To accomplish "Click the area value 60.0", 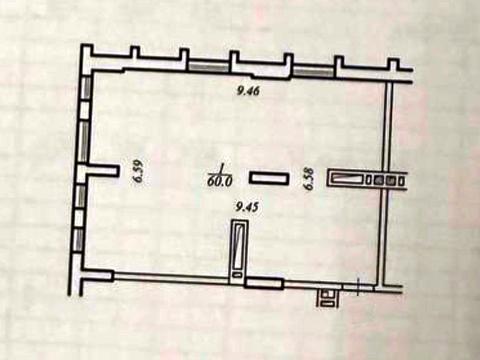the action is pyautogui.click(x=220, y=183).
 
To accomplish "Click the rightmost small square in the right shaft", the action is pyautogui.click(x=399, y=181).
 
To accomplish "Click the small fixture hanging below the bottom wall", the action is pyautogui.click(x=329, y=295).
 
